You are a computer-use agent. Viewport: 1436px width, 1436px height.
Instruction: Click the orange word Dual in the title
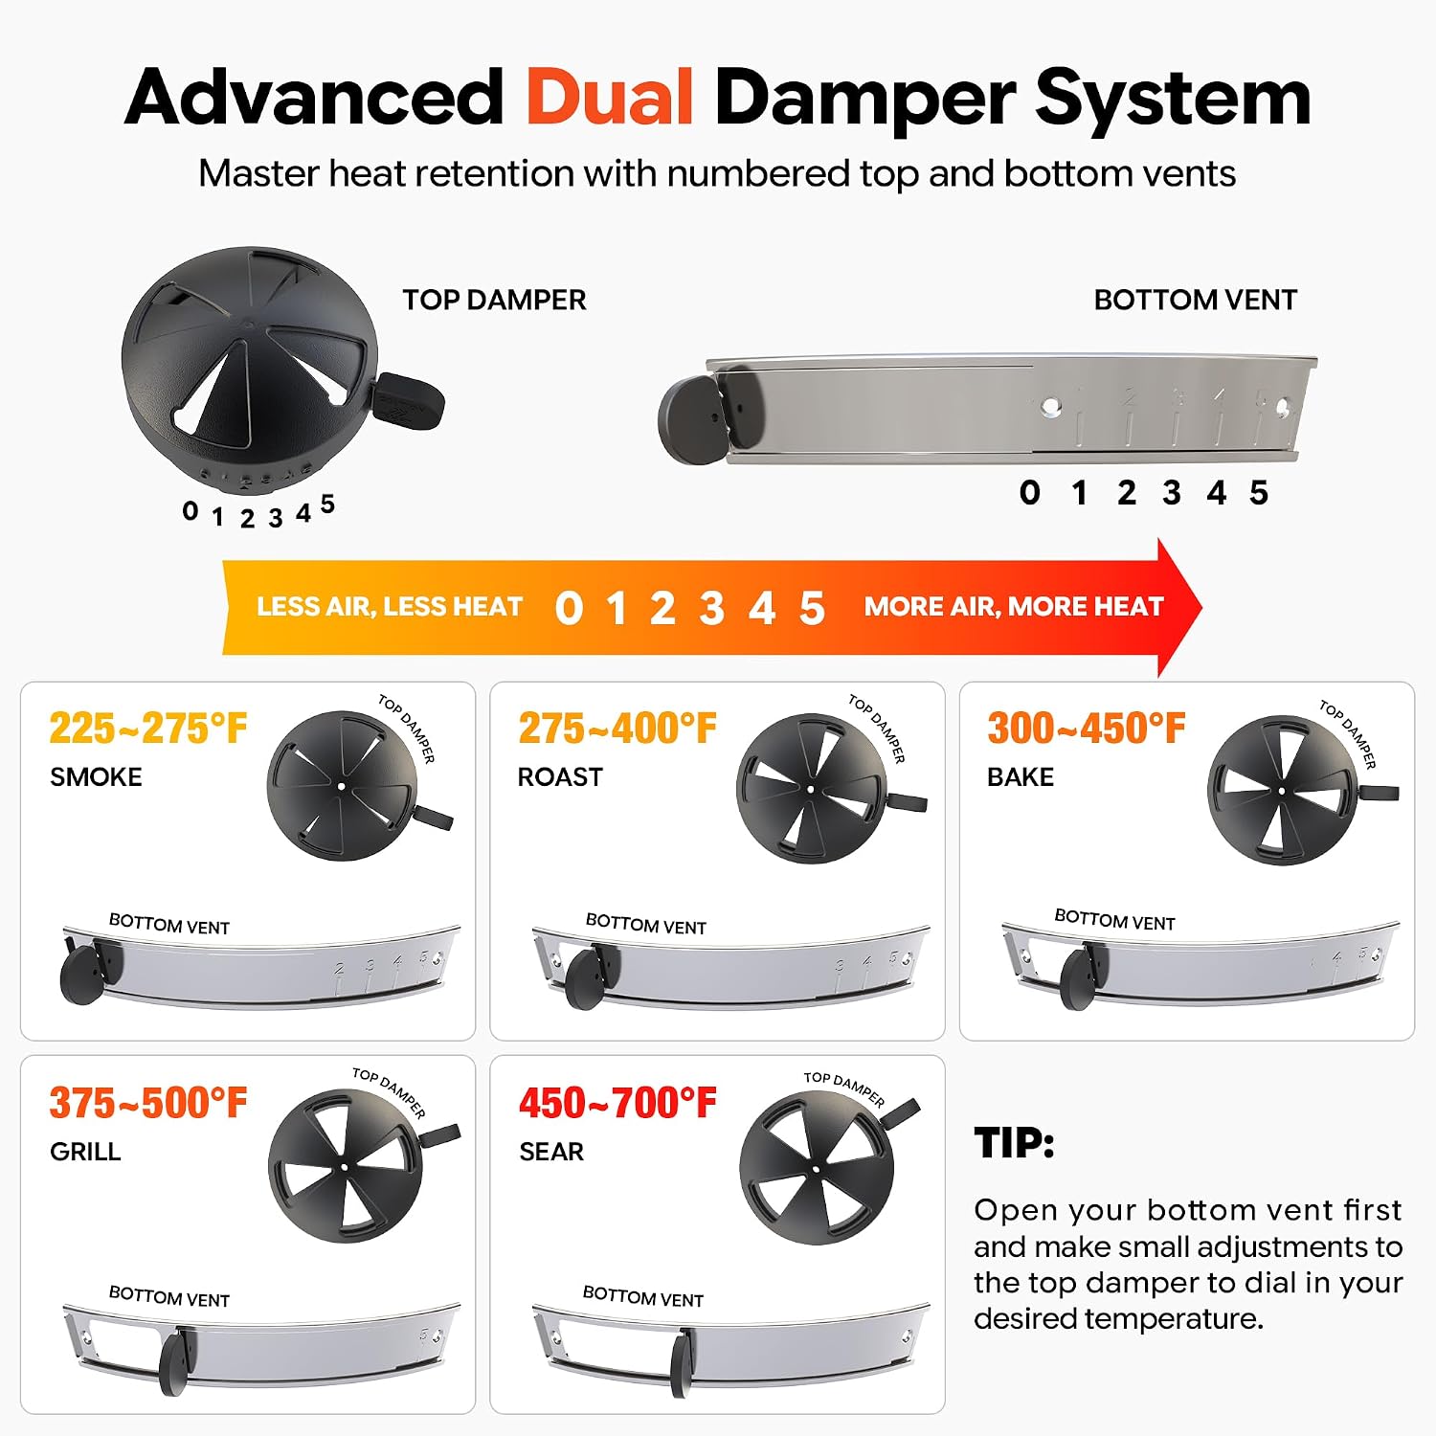(610, 98)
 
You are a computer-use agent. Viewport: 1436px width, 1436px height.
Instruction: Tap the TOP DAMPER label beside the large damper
(494, 300)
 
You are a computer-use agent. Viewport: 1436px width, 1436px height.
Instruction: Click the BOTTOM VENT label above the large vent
(1195, 300)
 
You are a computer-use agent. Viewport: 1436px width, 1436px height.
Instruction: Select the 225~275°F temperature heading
(148, 729)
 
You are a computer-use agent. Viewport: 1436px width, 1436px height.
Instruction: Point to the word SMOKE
(96, 776)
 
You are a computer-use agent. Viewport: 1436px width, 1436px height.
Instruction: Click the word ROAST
(560, 776)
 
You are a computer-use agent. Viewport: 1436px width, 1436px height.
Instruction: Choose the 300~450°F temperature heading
(1086, 729)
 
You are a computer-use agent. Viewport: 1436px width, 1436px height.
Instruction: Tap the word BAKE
(1021, 776)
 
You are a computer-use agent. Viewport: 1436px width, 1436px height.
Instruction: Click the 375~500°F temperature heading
(148, 1103)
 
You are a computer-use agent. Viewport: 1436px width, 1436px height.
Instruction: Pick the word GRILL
(85, 1151)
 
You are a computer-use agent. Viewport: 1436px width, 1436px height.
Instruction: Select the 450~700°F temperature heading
(617, 1103)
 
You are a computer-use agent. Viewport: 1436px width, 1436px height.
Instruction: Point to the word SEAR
(551, 1151)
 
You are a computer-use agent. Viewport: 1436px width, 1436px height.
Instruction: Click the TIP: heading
(1014, 1143)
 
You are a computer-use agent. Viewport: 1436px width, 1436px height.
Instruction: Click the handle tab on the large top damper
(410, 401)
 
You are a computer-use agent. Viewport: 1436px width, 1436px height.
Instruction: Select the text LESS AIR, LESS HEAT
(389, 606)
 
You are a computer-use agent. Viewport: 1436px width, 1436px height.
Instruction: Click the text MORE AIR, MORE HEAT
(1014, 606)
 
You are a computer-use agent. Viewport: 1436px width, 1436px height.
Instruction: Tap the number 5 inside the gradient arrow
(812, 608)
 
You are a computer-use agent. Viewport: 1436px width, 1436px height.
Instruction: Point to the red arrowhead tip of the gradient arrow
(1201, 607)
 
